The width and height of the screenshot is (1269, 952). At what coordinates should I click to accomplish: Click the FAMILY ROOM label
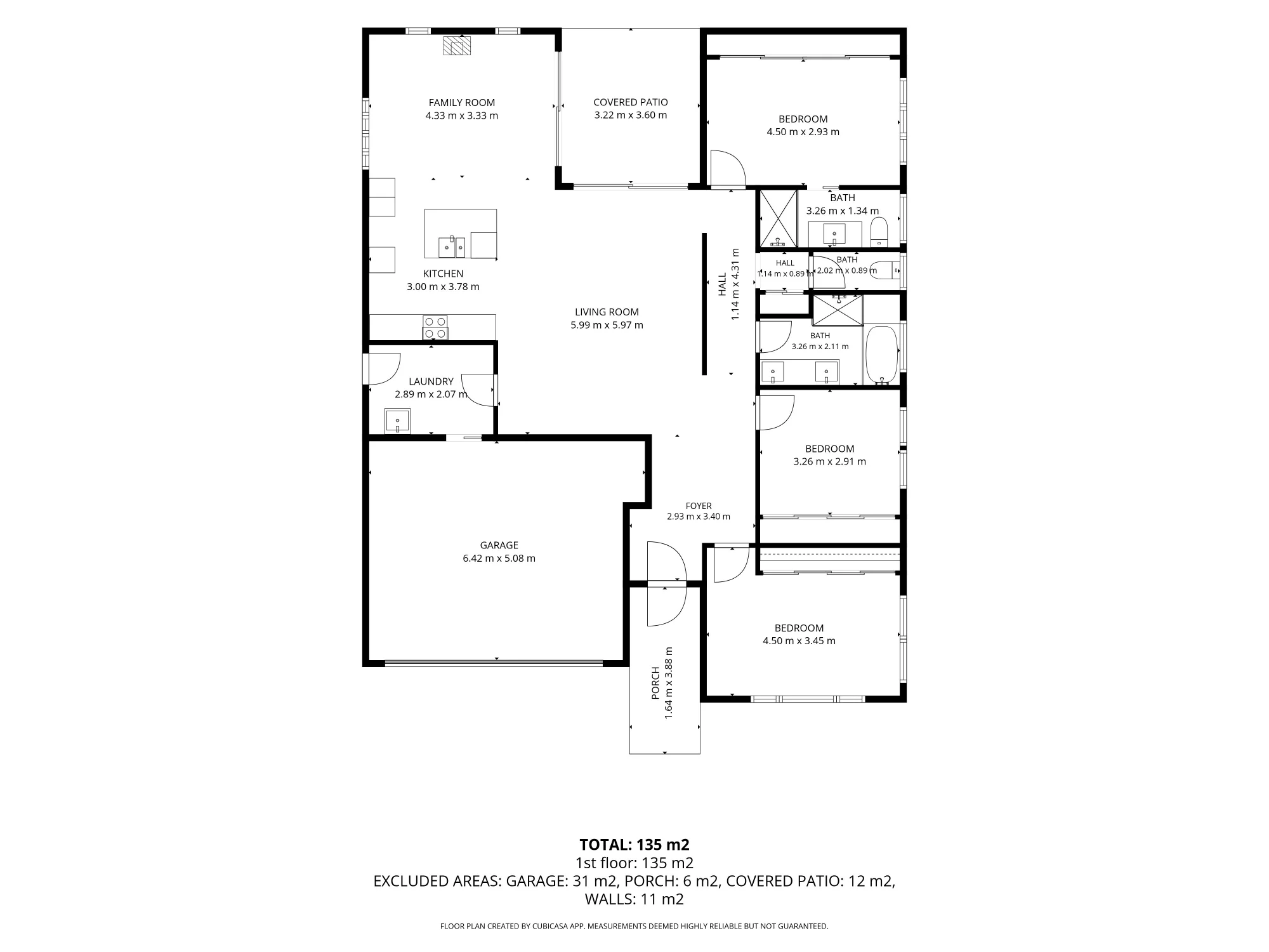[x=461, y=103]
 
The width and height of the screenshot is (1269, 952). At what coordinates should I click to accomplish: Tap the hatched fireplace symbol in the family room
[x=457, y=46]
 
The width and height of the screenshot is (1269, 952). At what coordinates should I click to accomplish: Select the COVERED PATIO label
[x=631, y=102]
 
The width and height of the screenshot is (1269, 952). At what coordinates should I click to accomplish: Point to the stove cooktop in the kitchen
[x=435, y=327]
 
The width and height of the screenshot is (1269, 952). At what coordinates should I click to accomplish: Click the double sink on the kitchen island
[x=452, y=247]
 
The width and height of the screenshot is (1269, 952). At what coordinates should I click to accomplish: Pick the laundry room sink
[x=397, y=421]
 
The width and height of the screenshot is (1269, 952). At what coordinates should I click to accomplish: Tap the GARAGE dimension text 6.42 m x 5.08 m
[x=499, y=559]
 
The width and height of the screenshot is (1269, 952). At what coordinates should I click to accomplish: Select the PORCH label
[x=655, y=683]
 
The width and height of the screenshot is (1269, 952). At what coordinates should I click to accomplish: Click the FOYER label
[x=699, y=506]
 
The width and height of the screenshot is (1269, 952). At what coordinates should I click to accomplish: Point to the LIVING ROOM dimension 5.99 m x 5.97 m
[x=607, y=325]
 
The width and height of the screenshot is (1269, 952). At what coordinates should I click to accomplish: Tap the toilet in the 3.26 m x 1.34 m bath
[x=879, y=232]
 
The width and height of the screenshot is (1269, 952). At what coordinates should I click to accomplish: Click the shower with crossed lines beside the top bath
[x=778, y=218]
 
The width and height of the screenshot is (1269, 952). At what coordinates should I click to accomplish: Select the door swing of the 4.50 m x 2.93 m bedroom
[x=727, y=168]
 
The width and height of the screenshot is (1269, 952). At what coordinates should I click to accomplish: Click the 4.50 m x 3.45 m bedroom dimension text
[x=799, y=641]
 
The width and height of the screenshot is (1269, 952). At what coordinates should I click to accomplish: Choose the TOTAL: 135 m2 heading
[x=634, y=845]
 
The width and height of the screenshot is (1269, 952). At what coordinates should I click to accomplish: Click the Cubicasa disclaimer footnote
[x=634, y=927]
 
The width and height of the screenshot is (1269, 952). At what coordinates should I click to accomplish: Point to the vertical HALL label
[x=722, y=284]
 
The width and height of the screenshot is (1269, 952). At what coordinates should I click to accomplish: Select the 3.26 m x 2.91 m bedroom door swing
[x=775, y=413]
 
